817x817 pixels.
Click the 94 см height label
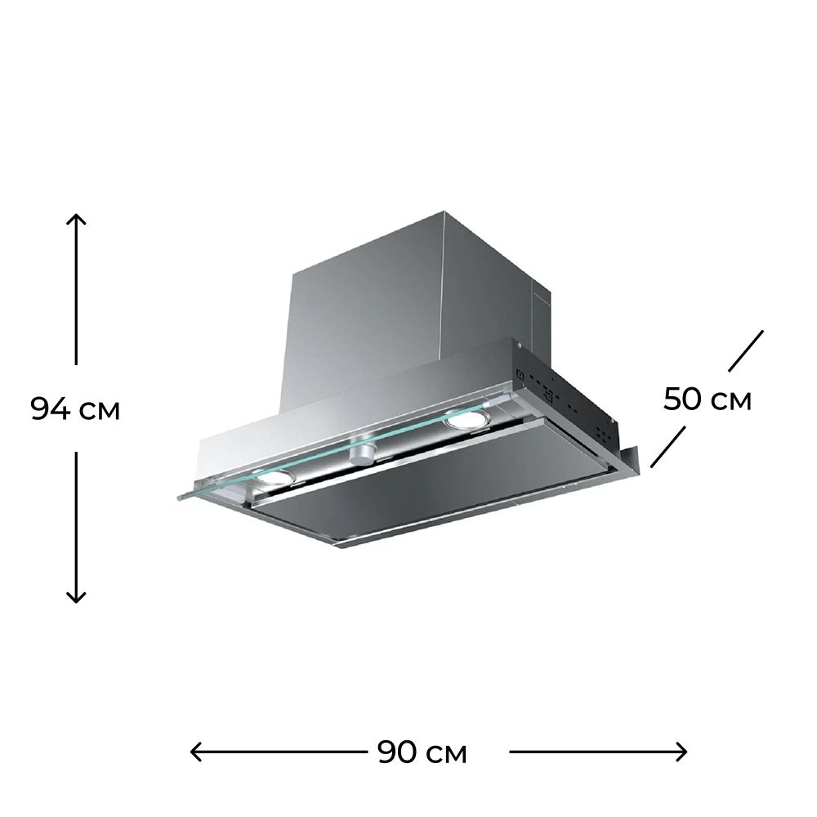75,409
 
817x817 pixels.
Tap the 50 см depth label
707,400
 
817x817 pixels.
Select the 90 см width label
422,752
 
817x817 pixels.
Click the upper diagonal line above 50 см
746,350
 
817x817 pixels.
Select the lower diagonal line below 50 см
668,447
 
